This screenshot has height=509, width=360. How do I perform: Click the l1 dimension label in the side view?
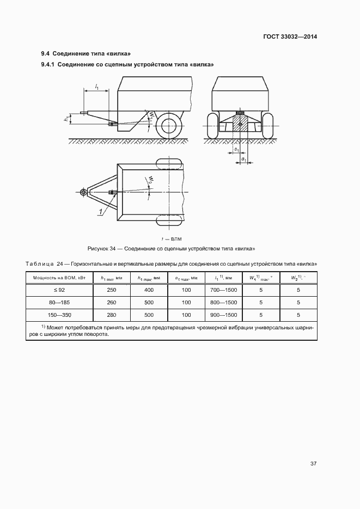click(97, 86)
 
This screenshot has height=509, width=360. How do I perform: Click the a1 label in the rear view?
click(244, 159)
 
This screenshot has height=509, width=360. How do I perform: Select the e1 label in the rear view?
click(236, 149)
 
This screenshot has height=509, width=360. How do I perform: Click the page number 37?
click(313, 464)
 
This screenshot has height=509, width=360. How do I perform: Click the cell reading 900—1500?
click(223, 315)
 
